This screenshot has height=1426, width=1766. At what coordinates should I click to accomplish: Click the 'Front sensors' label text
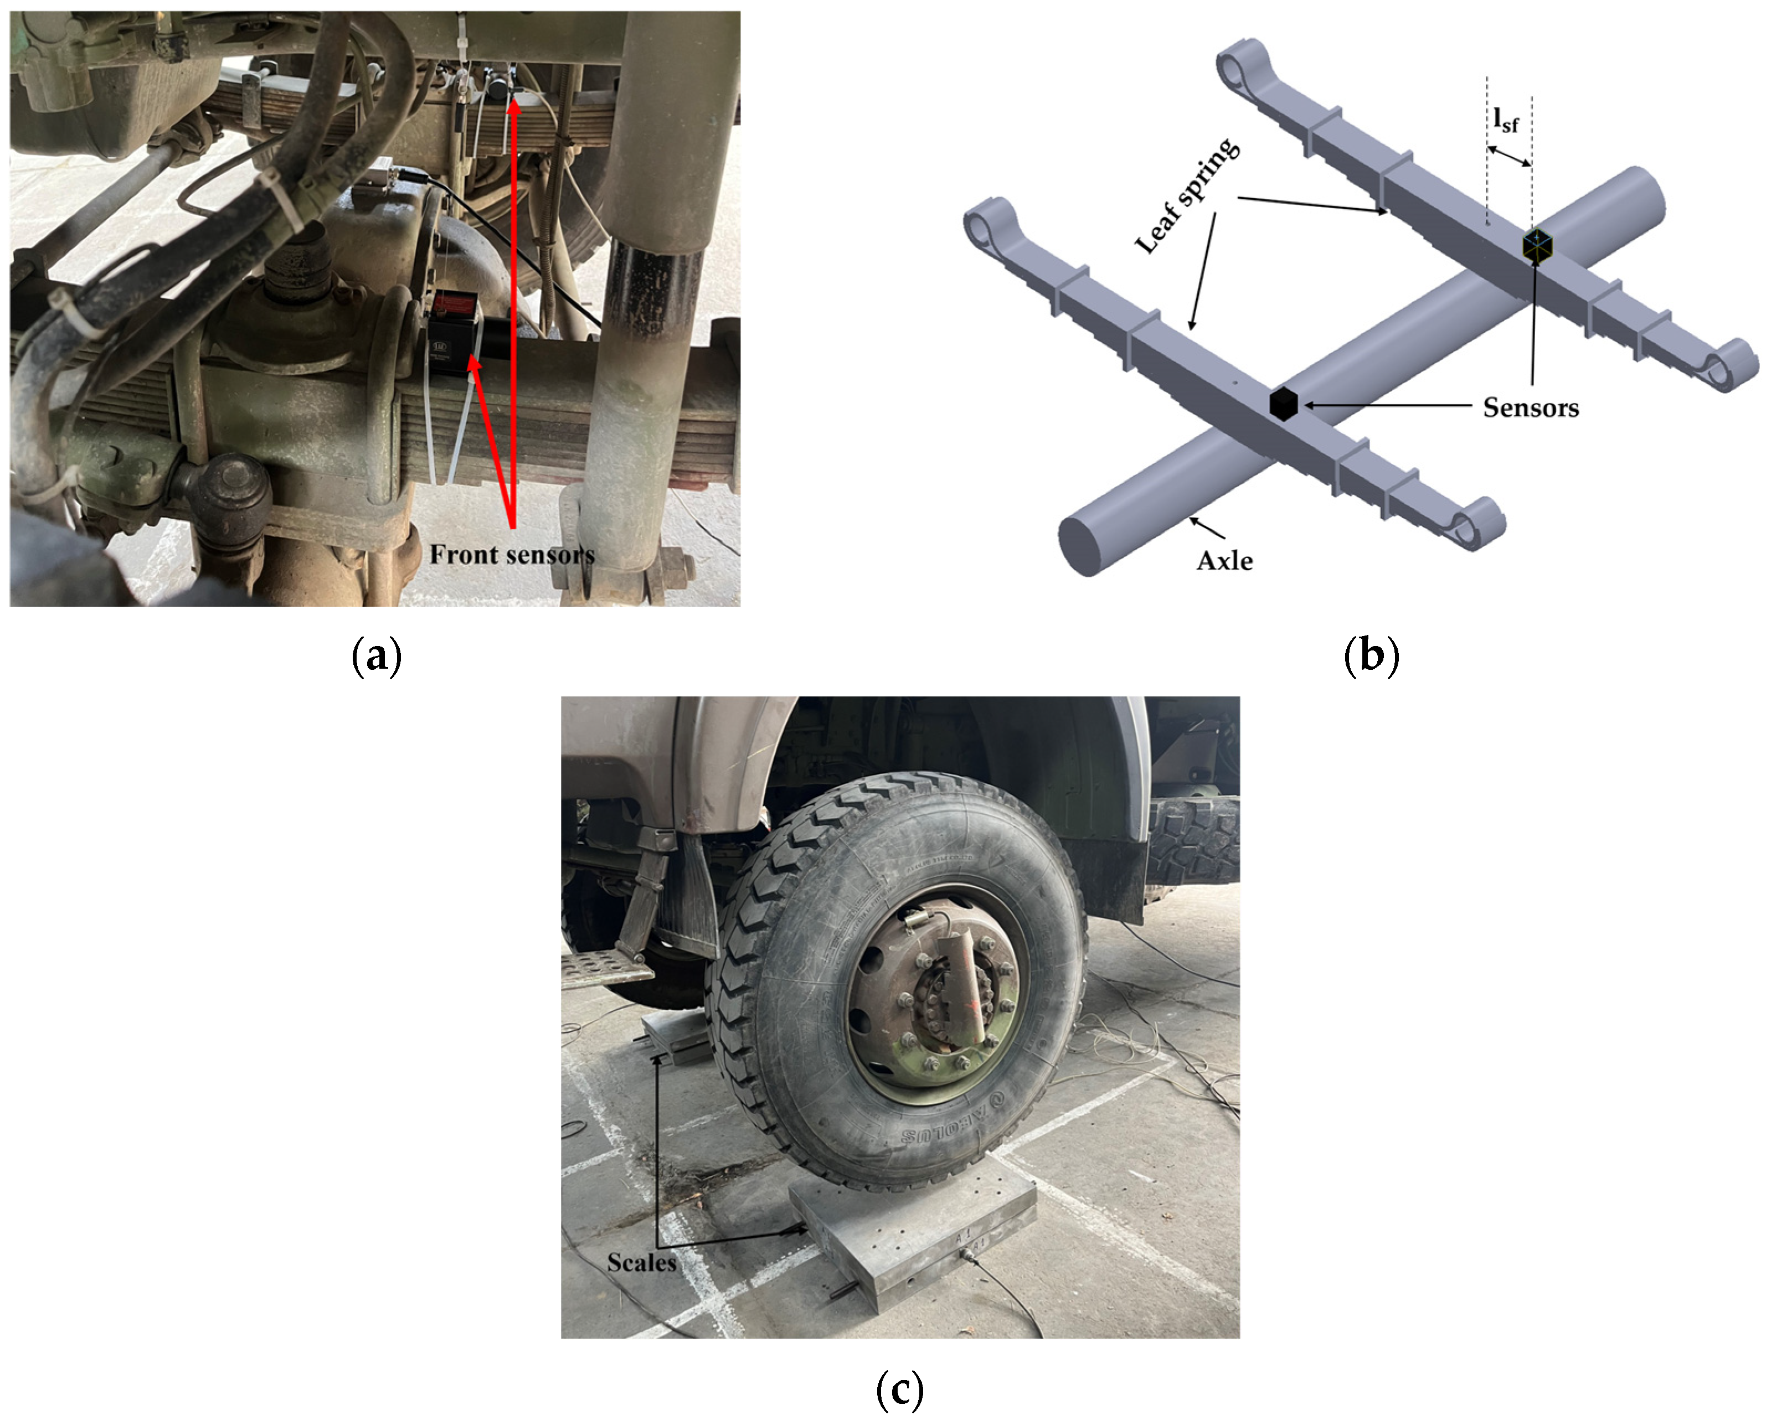(512, 555)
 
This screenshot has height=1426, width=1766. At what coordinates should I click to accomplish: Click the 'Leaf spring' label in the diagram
(1187, 195)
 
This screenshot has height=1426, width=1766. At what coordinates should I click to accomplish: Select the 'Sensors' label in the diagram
(1530, 408)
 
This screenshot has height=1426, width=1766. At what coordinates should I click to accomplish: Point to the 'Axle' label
(1224, 561)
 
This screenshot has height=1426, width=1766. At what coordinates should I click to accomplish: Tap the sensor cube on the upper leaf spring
(1537, 246)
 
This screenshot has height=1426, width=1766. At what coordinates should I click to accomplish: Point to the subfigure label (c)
(900, 1391)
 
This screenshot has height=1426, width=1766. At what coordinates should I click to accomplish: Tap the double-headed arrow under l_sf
(1509, 156)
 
